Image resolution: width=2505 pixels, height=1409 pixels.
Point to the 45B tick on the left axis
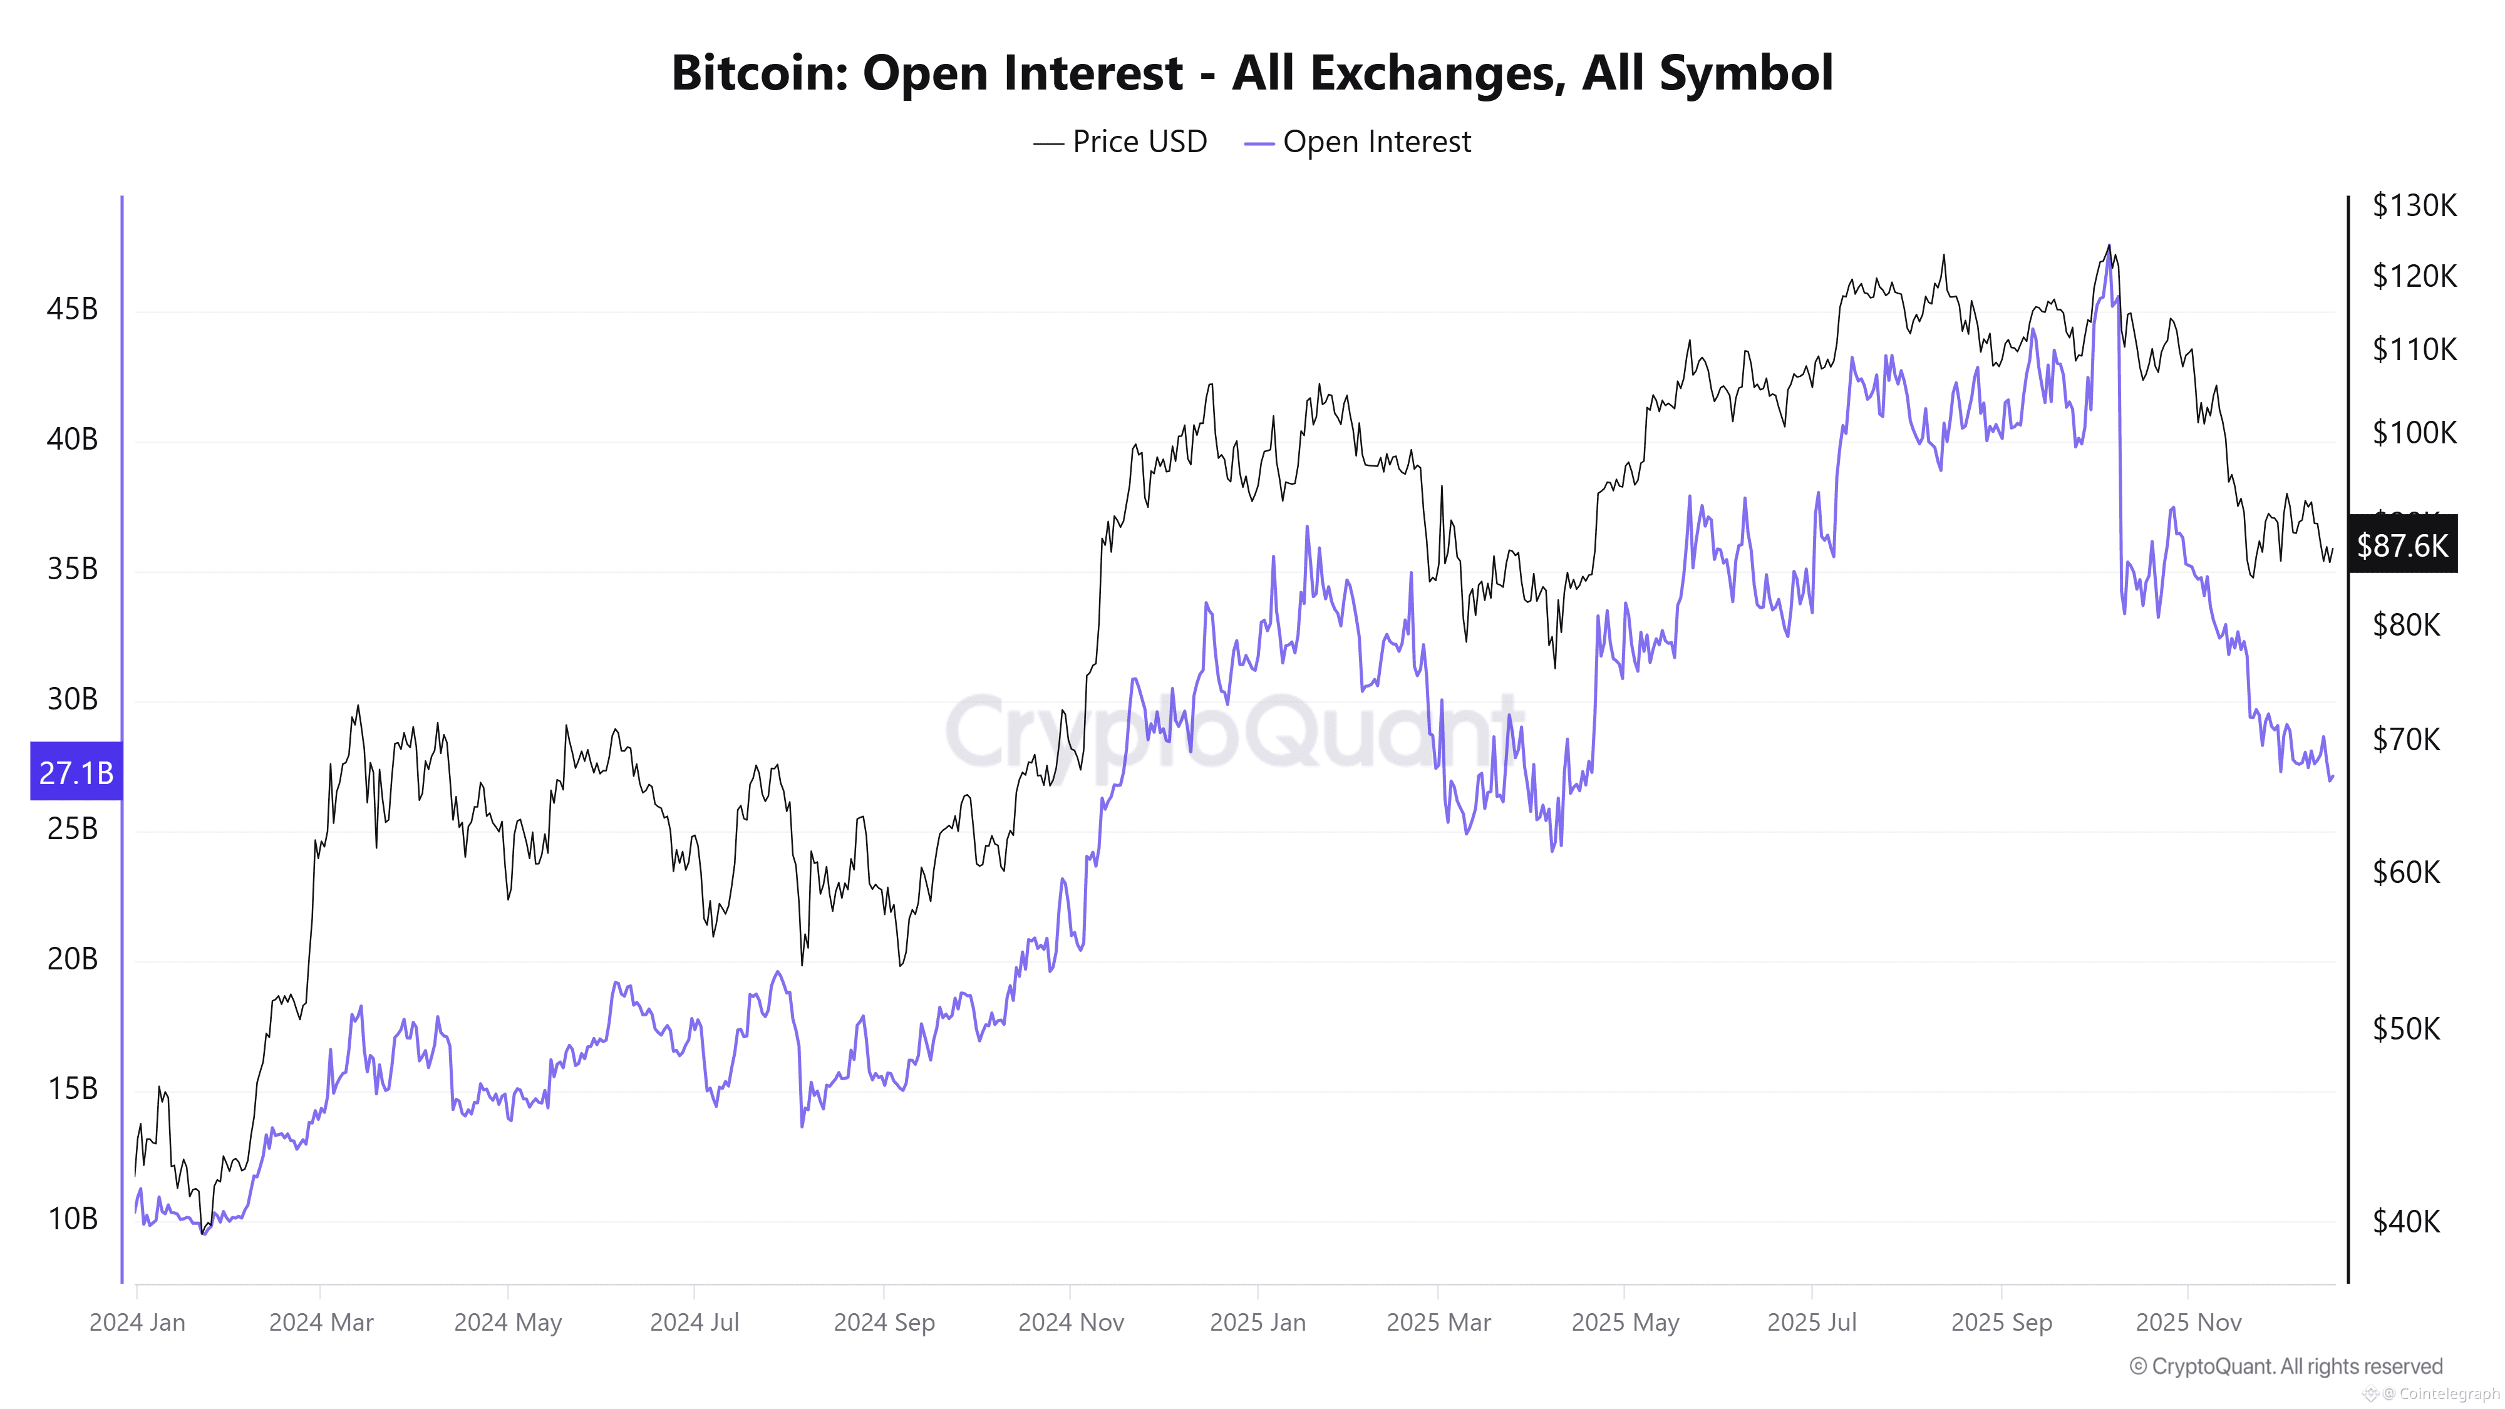[x=72, y=309]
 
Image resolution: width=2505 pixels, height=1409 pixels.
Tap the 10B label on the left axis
[x=72, y=1219]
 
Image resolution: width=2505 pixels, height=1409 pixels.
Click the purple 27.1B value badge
[x=76, y=772]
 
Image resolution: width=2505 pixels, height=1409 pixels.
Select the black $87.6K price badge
[x=2402, y=545]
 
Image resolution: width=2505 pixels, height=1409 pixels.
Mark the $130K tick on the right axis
[x=2414, y=205]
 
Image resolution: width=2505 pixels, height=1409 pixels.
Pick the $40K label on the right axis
[x=2406, y=1221]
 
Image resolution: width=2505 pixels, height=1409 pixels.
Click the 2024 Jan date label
[x=137, y=1323]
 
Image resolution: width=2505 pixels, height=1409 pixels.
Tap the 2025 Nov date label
[x=2188, y=1323]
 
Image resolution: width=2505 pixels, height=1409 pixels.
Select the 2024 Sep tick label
[x=884, y=1323]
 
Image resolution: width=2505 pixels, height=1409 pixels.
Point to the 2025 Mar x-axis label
[x=1438, y=1323]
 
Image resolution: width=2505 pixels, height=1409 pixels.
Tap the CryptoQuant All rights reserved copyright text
[x=2285, y=1366]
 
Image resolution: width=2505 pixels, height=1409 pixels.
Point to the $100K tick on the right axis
[x=2414, y=431]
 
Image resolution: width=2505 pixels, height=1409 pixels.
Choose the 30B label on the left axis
[x=72, y=699]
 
